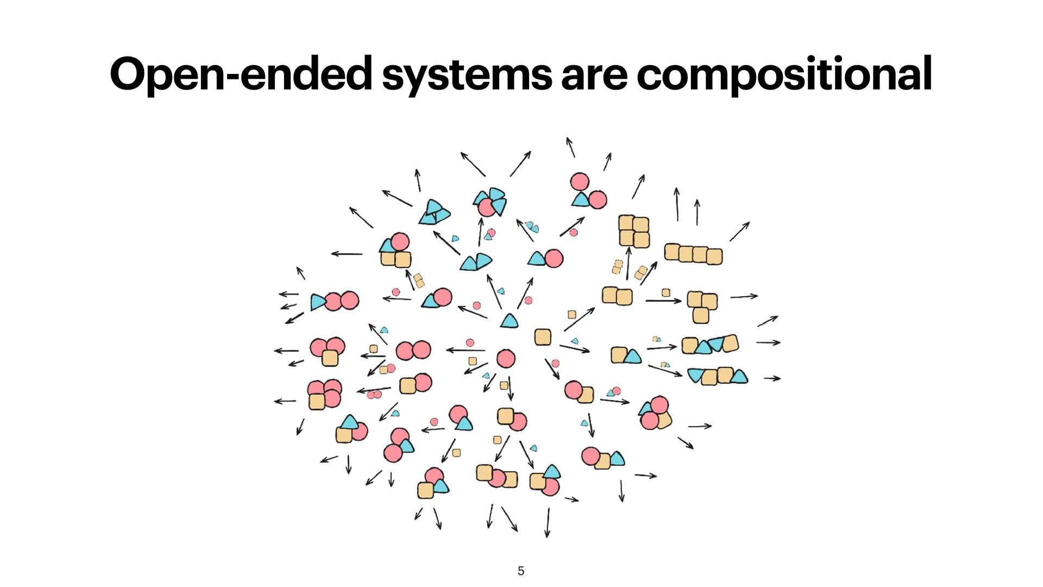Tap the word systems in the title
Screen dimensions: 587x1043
[467, 74]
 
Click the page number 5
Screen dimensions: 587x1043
[521, 571]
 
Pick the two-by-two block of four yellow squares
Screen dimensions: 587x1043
[633, 231]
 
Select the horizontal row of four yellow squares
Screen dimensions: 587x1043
[693, 254]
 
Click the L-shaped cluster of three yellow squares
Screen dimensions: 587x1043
[702, 306]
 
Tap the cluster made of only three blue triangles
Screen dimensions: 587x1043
[434, 213]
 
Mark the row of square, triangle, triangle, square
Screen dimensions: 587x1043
[710, 345]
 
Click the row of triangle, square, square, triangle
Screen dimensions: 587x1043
[718, 376]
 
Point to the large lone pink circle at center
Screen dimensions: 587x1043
[506, 359]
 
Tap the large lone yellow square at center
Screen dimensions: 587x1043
[543, 337]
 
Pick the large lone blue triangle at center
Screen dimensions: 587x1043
[509, 321]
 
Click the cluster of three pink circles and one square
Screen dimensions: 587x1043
[324, 394]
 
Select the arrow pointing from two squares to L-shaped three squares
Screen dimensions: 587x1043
[663, 301]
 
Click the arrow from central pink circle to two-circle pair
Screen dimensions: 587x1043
[466, 350]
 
